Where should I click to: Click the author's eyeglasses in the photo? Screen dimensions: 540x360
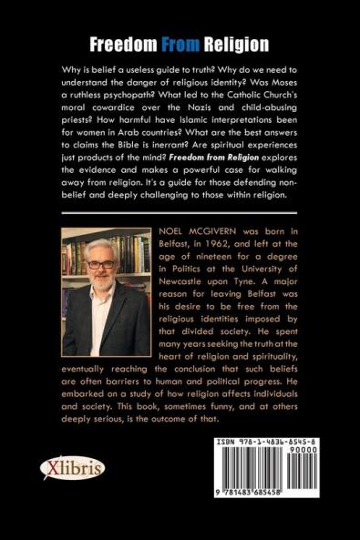click(x=101, y=265)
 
